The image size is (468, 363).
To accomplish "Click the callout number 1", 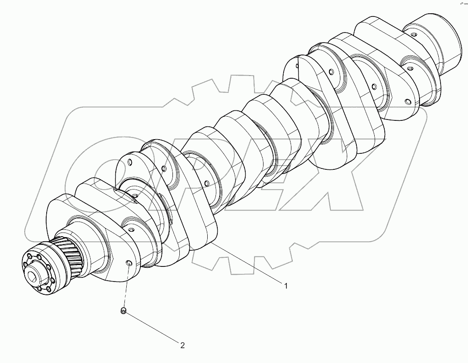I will (x=286, y=286).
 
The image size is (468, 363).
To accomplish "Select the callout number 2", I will (x=182, y=346).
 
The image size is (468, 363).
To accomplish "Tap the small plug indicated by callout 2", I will (x=123, y=311).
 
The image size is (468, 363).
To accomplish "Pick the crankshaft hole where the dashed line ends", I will (x=129, y=264).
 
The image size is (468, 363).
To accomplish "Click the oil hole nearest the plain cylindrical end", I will (x=413, y=35).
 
